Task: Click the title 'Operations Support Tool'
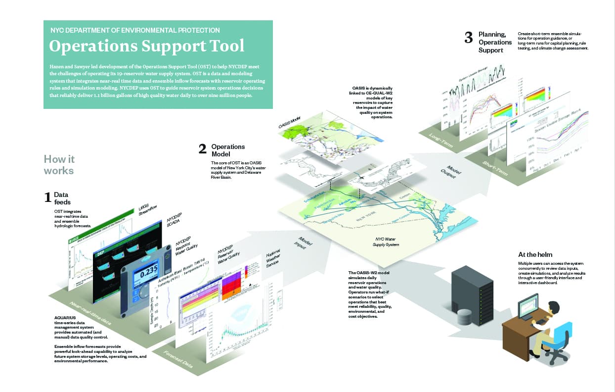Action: (147, 46)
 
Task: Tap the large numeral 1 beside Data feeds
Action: (48, 197)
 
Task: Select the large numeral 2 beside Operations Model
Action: (202, 148)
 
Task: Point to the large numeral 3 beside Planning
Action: (469, 38)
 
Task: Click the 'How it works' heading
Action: (59, 165)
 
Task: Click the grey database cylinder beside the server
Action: (464, 317)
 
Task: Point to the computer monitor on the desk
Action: (528, 305)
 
